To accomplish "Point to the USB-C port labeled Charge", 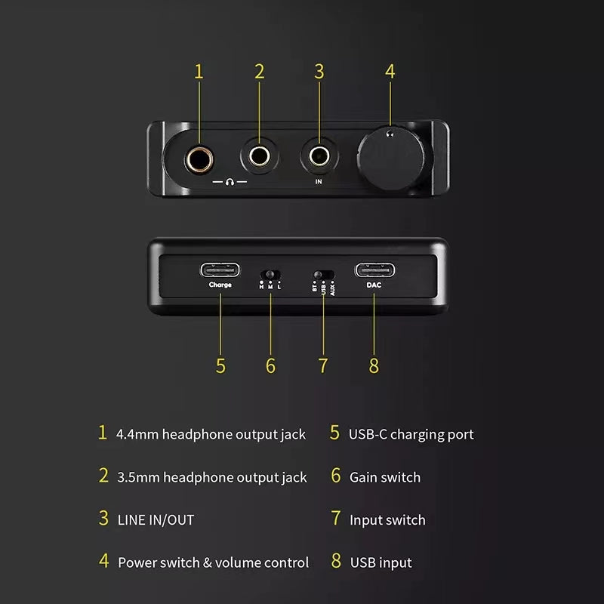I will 220,270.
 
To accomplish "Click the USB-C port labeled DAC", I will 374,270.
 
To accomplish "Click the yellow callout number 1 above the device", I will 199,72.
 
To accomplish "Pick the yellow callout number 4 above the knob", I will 390,72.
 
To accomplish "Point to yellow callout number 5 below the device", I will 220,365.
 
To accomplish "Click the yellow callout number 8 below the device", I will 374,365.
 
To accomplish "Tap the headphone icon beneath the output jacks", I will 230,182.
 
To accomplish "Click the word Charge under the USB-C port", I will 220,285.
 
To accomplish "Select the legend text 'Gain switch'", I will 385,477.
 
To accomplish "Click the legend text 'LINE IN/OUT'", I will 156,519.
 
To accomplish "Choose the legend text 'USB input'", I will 381,562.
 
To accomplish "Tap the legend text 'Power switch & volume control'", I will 213,562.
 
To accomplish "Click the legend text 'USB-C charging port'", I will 411,434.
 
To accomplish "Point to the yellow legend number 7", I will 336,519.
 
